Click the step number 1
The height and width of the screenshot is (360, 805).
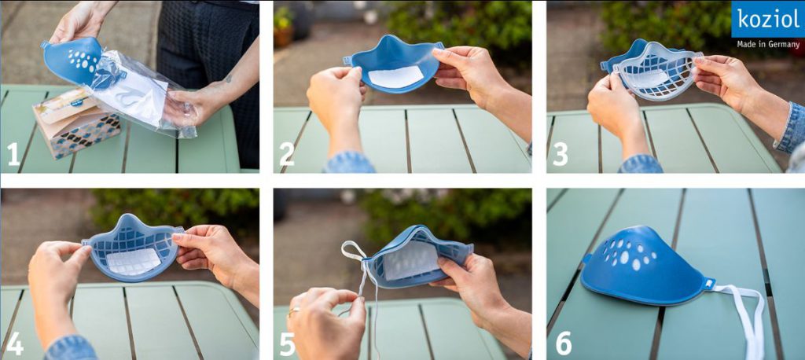(13, 155)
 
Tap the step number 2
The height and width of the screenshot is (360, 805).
(287, 155)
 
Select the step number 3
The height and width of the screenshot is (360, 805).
(560, 155)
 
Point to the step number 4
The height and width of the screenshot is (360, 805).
(14, 344)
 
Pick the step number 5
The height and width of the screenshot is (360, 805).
(288, 344)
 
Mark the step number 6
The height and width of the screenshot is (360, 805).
(563, 343)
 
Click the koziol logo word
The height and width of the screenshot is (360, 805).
(768, 19)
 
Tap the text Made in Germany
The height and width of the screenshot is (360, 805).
(767, 44)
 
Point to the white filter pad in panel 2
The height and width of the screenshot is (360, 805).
(395, 77)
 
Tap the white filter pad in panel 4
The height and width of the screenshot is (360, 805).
(134, 262)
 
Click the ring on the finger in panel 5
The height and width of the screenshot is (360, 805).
(294, 311)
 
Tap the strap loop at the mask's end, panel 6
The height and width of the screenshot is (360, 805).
(709, 284)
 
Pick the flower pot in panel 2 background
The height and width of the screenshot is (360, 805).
(283, 37)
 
